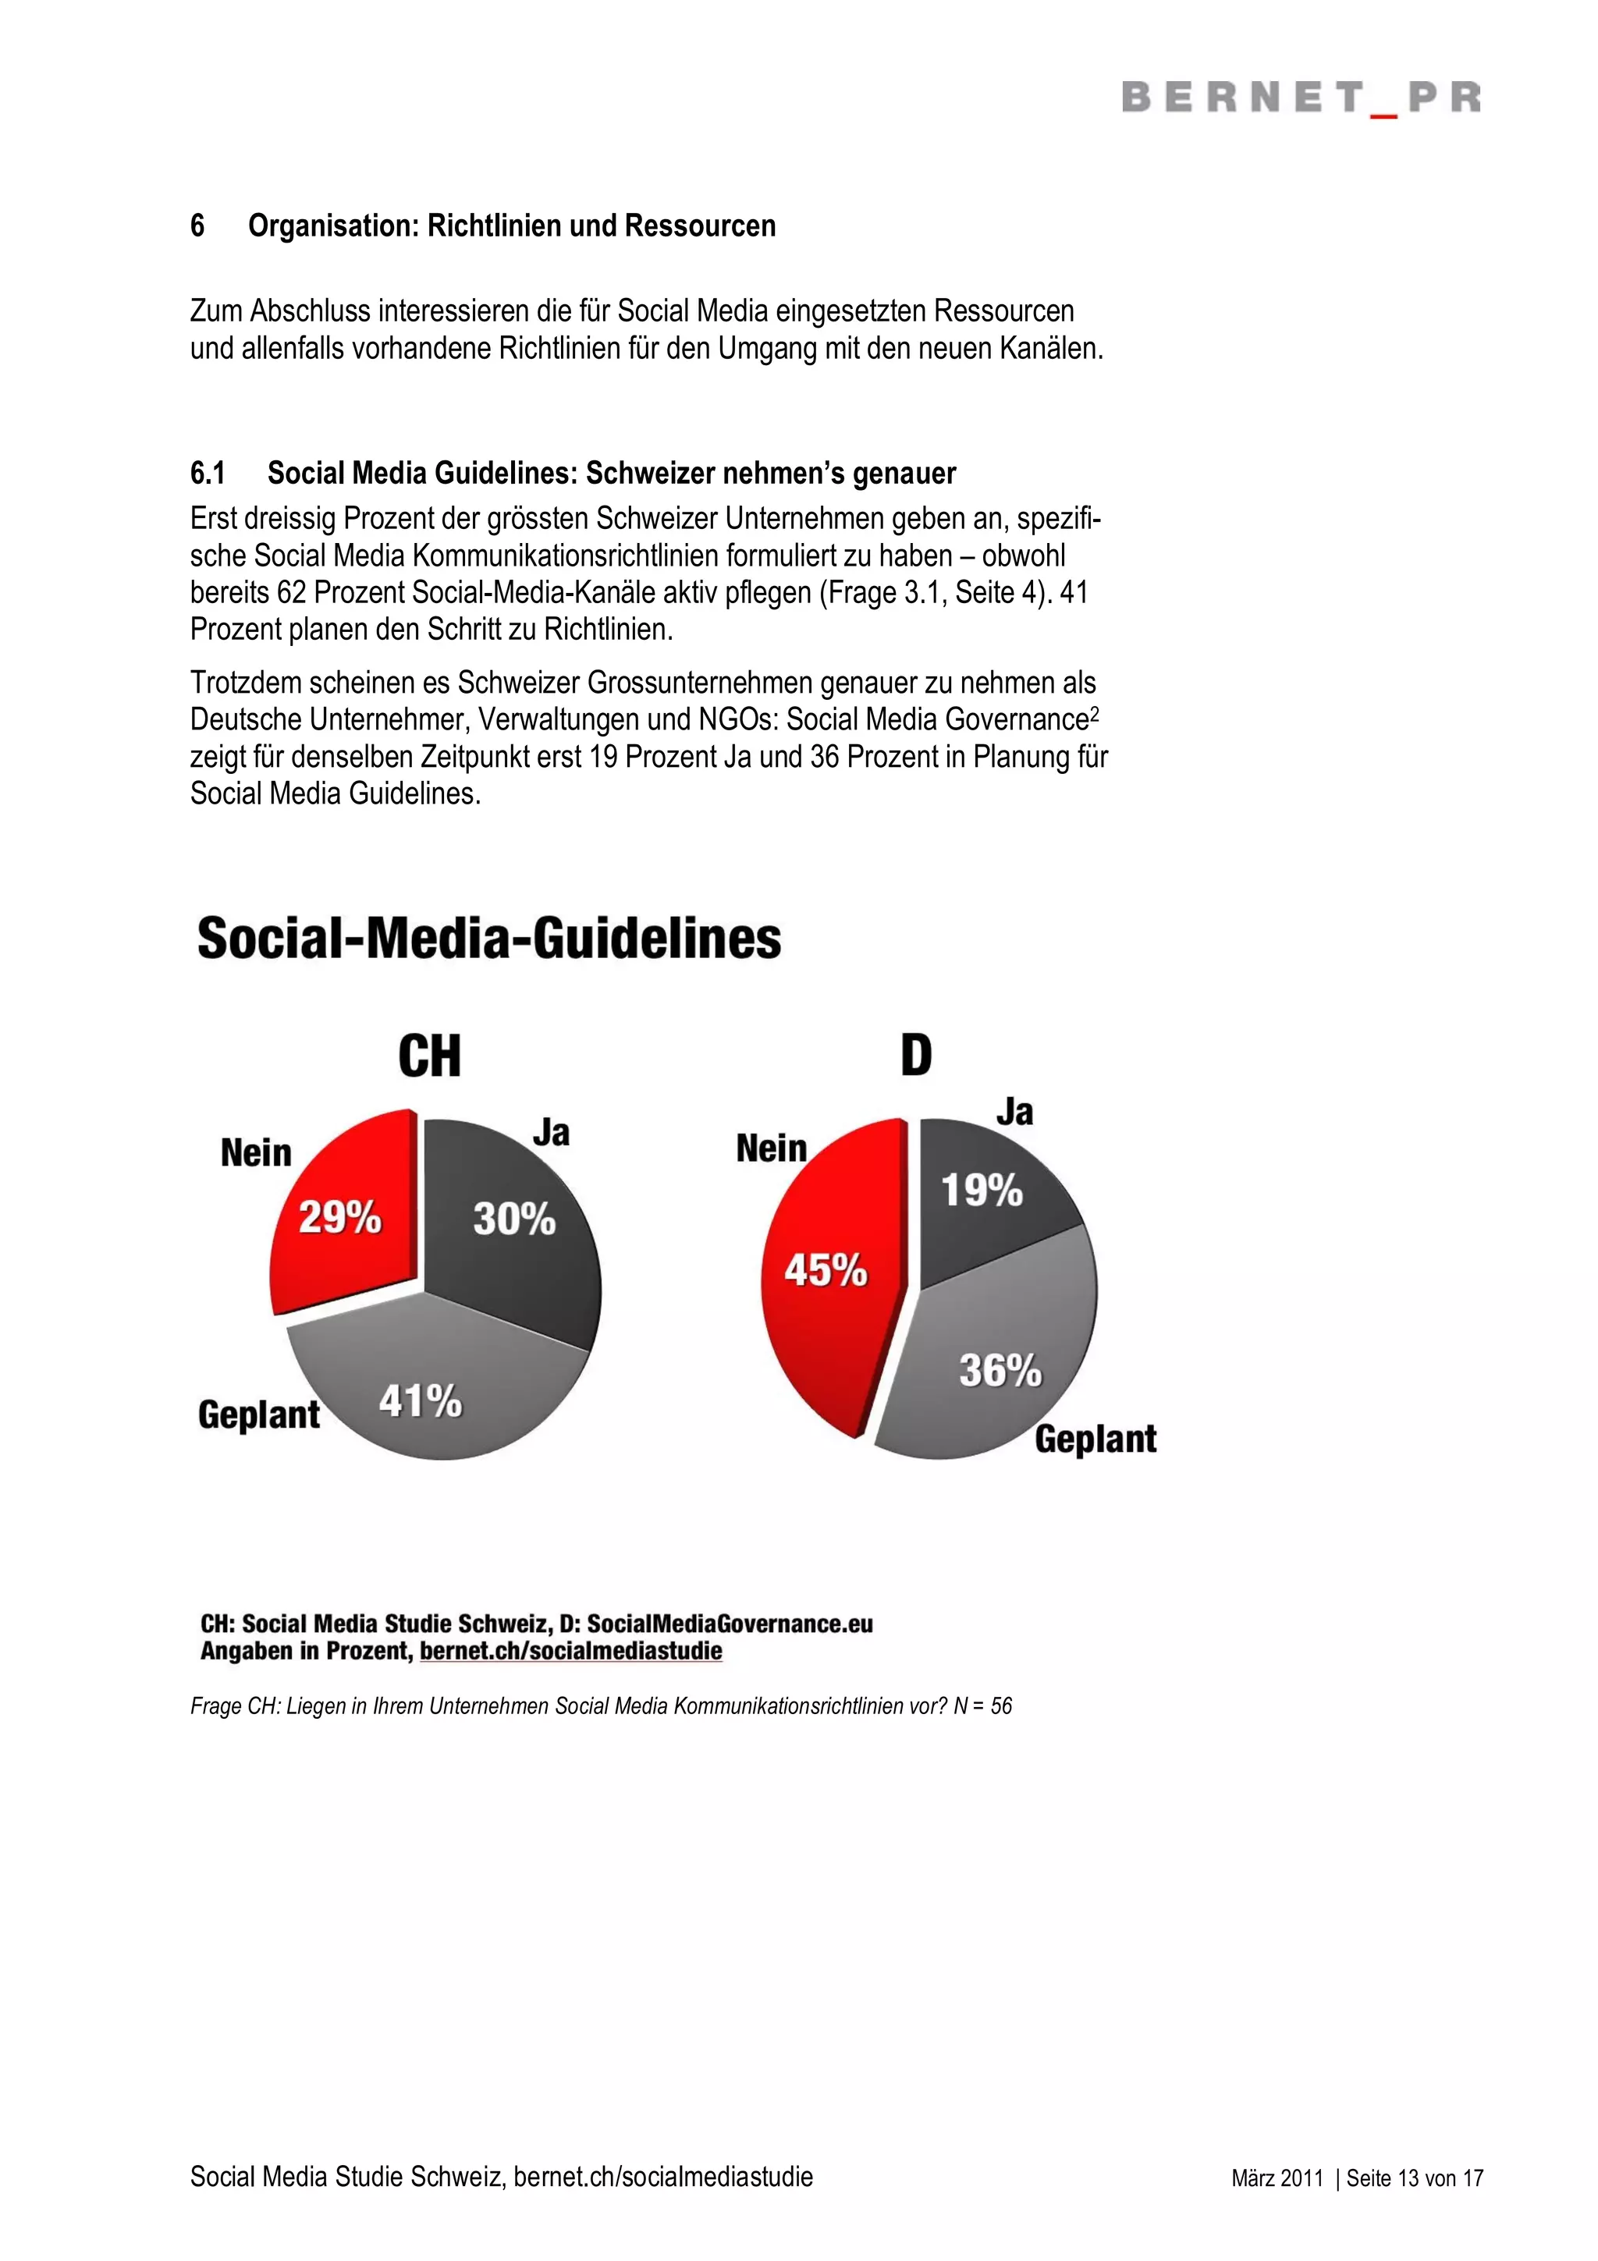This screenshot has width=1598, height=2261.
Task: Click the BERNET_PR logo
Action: [x=1301, y=98]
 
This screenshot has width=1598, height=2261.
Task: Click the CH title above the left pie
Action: [x=429, y=1056]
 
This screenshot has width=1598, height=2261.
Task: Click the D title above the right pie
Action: [x=916, y=1056]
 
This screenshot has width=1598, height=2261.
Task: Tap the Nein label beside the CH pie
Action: [x=256, y=1153]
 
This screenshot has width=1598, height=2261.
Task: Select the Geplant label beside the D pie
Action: [x=1095, y=1439]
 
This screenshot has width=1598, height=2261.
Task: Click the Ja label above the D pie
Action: [x=1015, y=1113]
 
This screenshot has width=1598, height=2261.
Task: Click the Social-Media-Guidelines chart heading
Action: [x=489, y=939]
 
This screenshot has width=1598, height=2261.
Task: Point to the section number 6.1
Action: [x=208, y=474]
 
